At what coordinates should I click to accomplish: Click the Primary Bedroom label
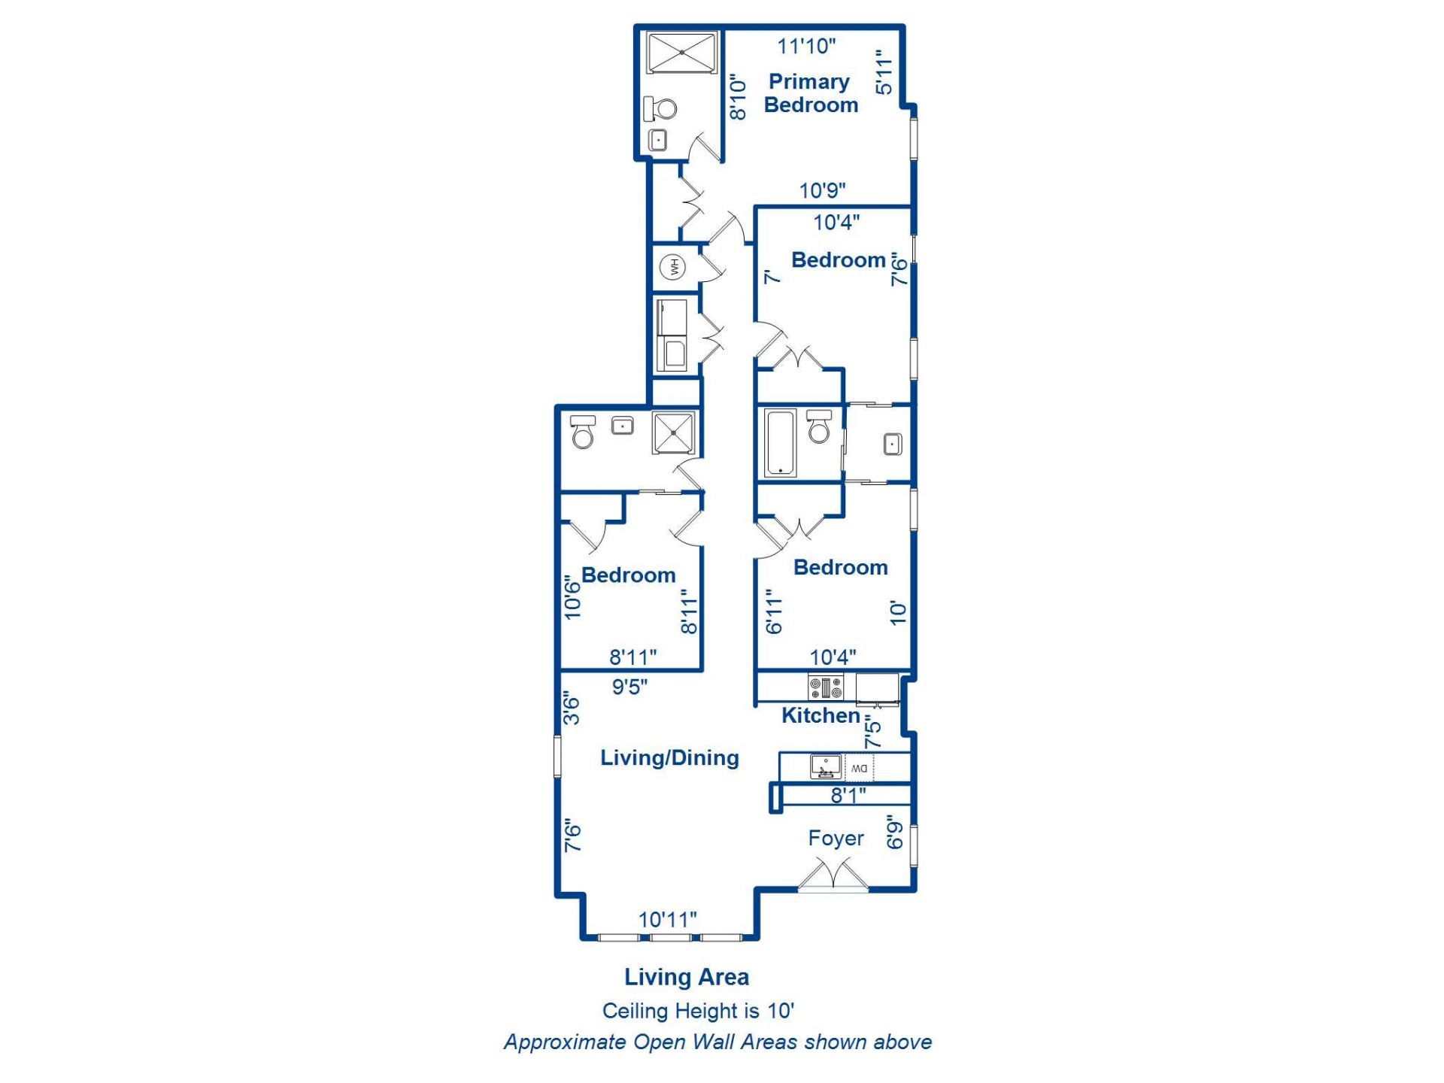coord(811,93)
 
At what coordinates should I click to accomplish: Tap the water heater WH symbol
coord(673,267)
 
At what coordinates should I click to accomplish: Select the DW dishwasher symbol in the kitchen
coord(859,768)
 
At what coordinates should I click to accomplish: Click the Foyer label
coord(836,838)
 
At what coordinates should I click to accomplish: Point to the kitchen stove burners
coord(826,687)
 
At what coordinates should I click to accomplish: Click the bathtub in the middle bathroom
coord(780,443)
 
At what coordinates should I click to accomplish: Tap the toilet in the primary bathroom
coord(660,109)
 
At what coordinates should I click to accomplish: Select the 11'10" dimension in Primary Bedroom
coord(806,46)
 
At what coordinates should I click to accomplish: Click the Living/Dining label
coord(669,757)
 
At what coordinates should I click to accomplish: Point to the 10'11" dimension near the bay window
coord(668,919)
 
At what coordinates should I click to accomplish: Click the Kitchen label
coord(821,715)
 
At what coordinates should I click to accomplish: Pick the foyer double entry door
coord(833,876)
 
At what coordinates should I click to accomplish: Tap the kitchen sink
coord(826,767)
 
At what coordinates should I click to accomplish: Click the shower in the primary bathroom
coord(682,53)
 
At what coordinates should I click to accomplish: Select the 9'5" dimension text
coord(629,687)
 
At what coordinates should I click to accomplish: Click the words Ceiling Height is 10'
coord(698,1010)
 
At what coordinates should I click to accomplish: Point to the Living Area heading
coord(687,976)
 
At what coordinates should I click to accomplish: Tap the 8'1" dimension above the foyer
coord(848,795)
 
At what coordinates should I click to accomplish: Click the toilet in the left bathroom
coord(583,432)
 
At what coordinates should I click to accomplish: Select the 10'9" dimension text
coord(822,190)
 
